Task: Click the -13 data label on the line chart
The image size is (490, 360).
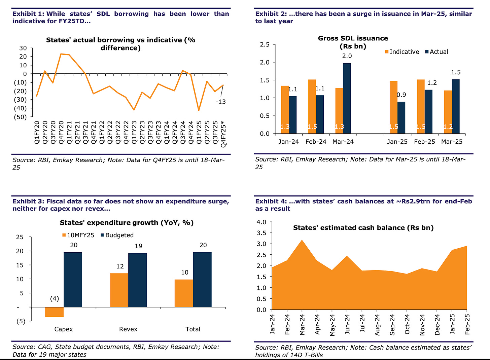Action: [220, 102]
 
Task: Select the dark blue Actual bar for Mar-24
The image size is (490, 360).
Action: [347, 98]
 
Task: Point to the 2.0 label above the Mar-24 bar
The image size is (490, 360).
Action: [347, 56]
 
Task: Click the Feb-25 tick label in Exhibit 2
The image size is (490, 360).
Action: [424, 142]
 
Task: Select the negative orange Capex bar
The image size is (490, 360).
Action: [54, 312]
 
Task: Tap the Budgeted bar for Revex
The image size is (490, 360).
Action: [137, 280]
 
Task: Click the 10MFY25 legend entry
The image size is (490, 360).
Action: [78, 235]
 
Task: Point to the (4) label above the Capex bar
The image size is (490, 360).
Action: [54, 299]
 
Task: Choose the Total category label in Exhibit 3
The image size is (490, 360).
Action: [193, 329]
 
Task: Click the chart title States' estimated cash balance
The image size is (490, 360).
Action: [363, 228]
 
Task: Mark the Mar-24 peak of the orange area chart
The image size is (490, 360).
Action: [302, 241]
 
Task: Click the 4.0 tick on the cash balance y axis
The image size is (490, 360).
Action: [261, 222]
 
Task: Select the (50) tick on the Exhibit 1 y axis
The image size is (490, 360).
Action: [20, 117]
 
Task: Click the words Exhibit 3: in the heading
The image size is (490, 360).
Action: [28, 201]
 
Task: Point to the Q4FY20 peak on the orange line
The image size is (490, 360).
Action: [61, 54]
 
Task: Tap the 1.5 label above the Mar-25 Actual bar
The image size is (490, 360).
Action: [456, 72]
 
